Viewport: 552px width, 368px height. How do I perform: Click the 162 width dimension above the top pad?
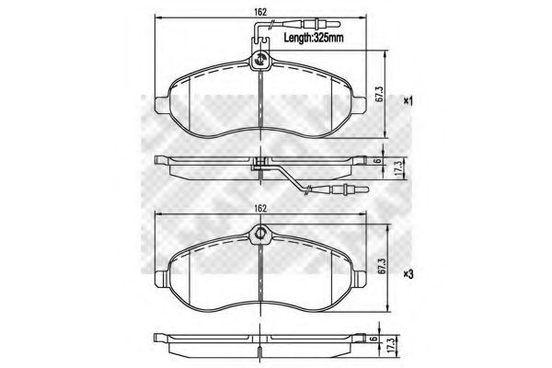point(259,12)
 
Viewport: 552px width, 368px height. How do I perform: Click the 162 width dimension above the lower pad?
point(259,209)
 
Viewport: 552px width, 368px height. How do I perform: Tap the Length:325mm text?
point(314,38)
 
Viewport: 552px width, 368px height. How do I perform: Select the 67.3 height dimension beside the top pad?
point(378,94)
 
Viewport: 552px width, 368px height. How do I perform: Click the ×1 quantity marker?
point(408,101)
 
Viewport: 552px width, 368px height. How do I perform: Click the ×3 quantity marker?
point(408,274)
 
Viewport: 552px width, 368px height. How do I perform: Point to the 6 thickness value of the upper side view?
point(377,160)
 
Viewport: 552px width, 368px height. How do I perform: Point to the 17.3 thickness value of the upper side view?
point(398,169)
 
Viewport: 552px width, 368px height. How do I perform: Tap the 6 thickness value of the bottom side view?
point(375,339)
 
